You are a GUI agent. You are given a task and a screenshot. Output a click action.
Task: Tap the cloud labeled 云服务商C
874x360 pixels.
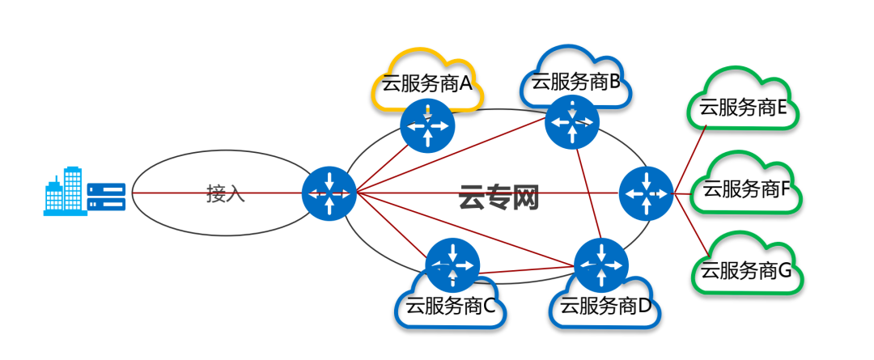click(x=449, y=306)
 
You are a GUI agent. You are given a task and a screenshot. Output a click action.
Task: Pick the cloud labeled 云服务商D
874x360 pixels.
click(x=604, y=306)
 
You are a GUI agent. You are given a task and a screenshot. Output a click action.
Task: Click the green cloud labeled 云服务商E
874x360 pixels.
click(x=744, y=105)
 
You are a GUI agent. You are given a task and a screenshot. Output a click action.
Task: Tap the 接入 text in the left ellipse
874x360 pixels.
click(x=225, y=193)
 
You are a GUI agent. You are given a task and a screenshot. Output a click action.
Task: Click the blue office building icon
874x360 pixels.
click(x=64, y=192)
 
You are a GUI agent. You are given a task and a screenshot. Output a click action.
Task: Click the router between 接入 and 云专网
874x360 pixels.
click(x=329, y=194)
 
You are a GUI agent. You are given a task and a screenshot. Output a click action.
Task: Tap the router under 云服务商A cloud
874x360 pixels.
click(x=426, y=125)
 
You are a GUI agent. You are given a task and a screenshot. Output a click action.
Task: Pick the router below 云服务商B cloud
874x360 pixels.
click(x=572, y=122)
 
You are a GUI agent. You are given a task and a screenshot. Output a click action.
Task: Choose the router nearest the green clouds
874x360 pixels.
click(x=646, y=193)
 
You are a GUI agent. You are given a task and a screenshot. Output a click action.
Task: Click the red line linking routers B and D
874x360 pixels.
click(x=588, y=195)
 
